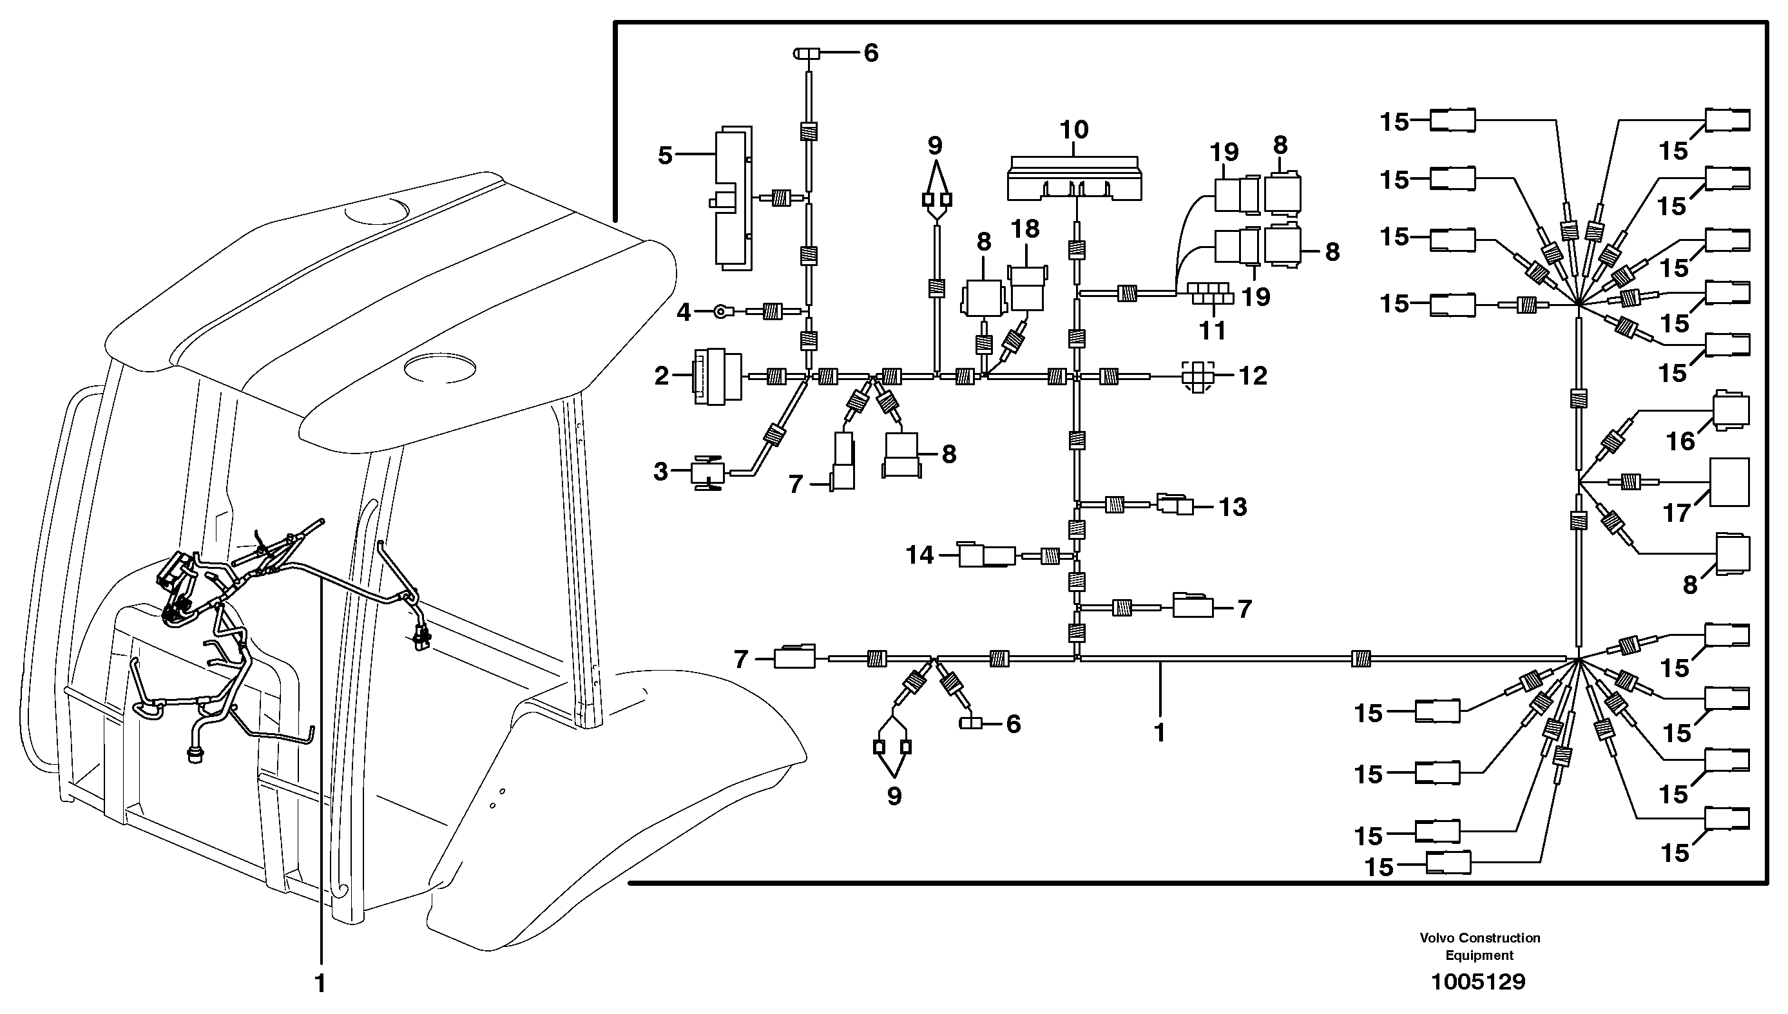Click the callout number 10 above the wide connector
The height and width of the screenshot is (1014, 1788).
[1073, 130]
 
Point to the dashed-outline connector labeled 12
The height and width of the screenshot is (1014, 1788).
[1197, 377]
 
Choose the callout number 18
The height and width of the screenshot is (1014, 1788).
[1024, 229]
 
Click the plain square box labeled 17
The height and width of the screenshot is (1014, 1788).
[1729, 482]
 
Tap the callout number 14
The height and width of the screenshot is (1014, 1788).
[919, 555]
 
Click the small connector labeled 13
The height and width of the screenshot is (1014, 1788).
[1175, 504]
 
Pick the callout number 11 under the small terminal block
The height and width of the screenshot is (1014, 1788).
[1212, 330]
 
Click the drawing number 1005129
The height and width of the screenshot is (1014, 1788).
[1478, 982]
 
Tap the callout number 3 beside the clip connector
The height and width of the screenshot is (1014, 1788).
[661, 472]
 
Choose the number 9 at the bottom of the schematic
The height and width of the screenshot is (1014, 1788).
[894, 796]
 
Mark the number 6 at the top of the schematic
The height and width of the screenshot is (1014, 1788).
[870, 53]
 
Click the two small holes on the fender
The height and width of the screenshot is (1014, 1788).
[497, 799]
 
